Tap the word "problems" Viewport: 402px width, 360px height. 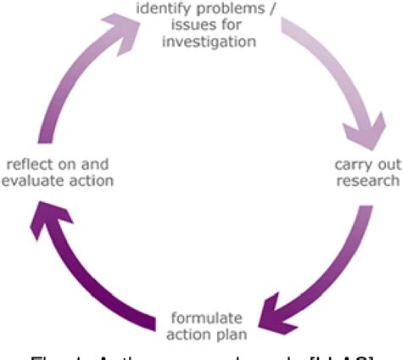(237, 8)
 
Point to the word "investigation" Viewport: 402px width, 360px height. (211, 41)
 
